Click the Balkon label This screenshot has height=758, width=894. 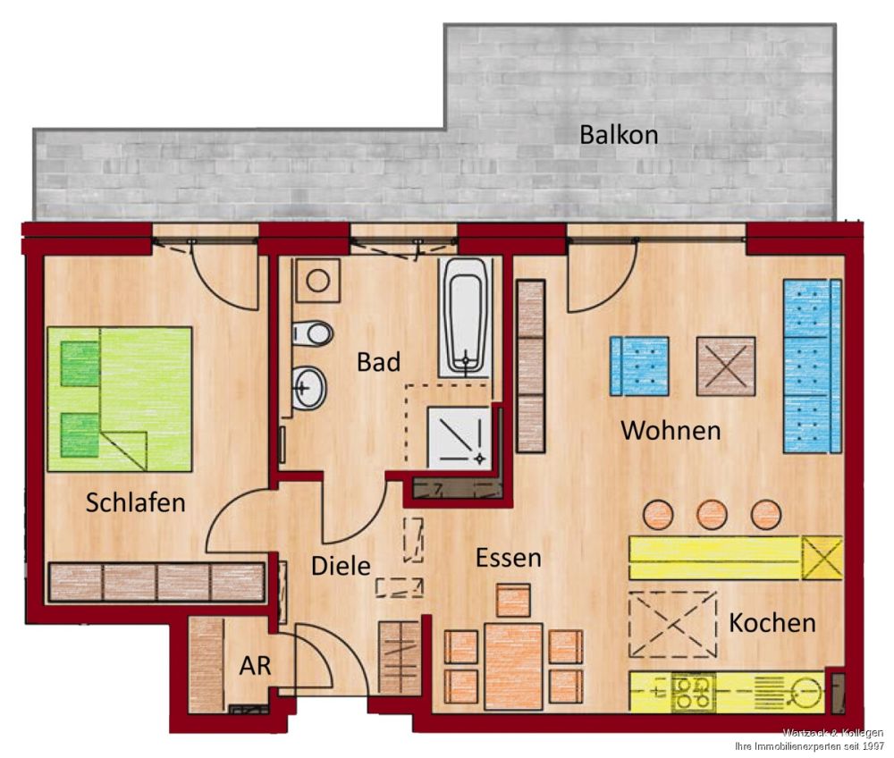click(x=619, y=135)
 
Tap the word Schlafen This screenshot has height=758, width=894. click(x=135, y=502)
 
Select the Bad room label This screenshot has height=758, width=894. click(x=378, y=362)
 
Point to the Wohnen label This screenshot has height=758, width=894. click(x=670, y=430)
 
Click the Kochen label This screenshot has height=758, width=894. click(x=772, y=622)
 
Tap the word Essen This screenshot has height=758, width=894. click(x=508, y=558)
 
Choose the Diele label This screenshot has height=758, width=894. click(x=340, y=566)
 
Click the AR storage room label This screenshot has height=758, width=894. click(x=254, y=665)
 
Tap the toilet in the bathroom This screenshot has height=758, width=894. click(x=313, y=333)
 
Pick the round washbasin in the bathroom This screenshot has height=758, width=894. click(x=309, y=389)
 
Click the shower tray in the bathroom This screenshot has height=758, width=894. click(x=459, y=436)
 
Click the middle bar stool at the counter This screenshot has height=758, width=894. click(x=712, y=514)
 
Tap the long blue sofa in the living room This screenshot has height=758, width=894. click(x=812, y=366)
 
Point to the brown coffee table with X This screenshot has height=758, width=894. click(x=725, y=366)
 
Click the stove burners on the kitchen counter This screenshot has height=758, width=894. click(x=693, y=690)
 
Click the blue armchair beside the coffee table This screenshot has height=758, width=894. click(x=638, y=366)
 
